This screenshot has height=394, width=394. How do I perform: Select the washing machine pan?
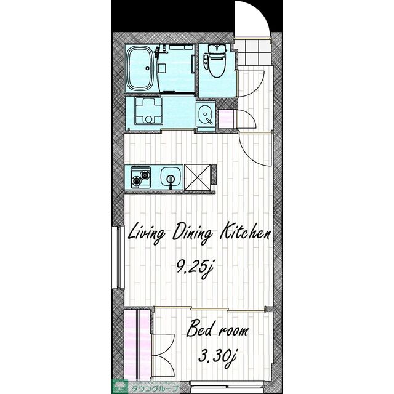click(x=148, y=111)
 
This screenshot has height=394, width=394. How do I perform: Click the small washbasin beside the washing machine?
click(x=206, y=115)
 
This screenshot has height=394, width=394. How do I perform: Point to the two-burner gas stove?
click(x=141, y=177)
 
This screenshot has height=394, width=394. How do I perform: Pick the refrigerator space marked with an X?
click(x=197, y=177)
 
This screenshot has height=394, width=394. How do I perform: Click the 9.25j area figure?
click(x=195, y=269)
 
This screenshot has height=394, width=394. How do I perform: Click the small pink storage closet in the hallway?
click(x=227, y=119)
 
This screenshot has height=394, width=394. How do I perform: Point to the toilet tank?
click(x=217, y=48)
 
